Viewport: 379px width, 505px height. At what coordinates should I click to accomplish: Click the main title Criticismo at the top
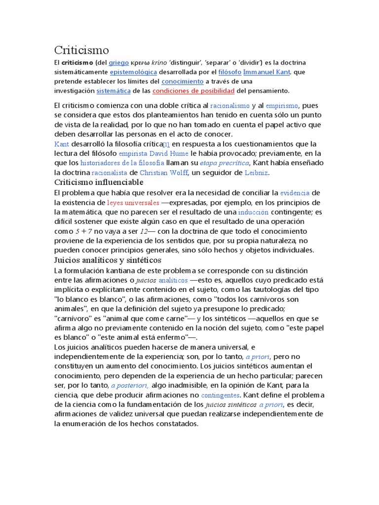81,50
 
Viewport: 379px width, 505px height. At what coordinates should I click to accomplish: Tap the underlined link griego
118,63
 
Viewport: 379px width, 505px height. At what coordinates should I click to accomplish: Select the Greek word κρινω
143,63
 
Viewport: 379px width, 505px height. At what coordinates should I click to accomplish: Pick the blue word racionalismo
230,106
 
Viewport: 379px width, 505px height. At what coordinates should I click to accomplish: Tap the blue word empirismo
282,106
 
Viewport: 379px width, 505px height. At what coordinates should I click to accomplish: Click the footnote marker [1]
166,144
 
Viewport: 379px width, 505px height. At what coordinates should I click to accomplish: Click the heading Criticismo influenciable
102,182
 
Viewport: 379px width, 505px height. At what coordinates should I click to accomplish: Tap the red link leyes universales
133,203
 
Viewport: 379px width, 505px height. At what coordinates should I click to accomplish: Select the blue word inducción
253,212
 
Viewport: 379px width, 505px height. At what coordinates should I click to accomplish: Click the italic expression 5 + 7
84,231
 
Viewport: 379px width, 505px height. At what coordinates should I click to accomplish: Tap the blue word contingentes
221,396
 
